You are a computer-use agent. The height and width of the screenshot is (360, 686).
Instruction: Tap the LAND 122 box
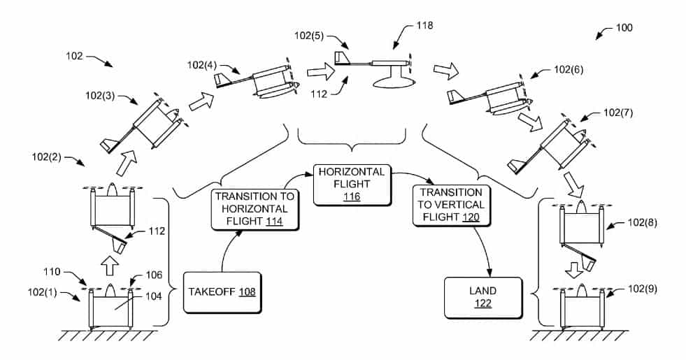click(x=483, y=296)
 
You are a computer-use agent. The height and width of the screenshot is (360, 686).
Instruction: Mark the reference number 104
click(x=152, y=296)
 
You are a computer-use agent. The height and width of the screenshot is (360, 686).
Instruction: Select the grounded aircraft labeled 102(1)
click(x=111, y=308)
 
